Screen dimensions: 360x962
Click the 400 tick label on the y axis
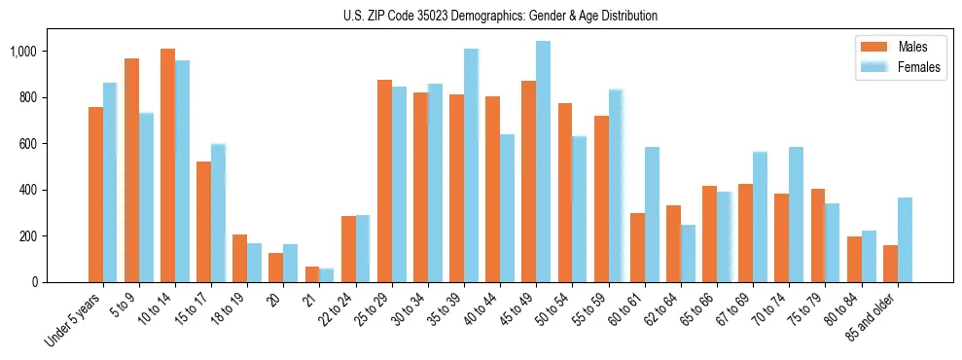point(28,190)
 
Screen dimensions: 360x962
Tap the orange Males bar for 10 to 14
point(167,165)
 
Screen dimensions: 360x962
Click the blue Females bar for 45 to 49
point(543,162)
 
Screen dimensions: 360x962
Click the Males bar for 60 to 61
point(637,248)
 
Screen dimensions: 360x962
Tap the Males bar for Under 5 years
point(95,195)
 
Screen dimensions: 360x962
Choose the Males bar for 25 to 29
point(384,181)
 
